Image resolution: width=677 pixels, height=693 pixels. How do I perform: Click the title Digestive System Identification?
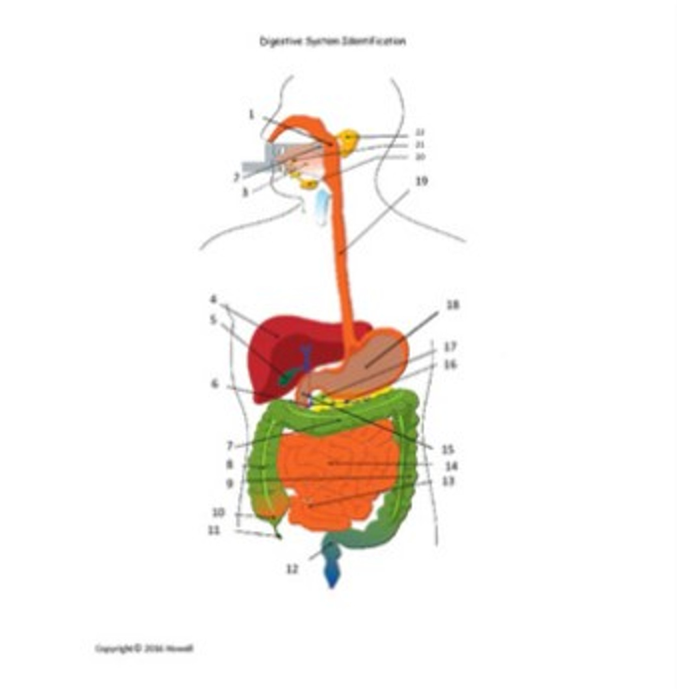pyautogui.click(x=332, y=41)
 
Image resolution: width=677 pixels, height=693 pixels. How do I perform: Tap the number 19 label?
pyautogui.click(x=421, y=181)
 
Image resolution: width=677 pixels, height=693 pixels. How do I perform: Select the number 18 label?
pyautogui.click(x=452, y=305)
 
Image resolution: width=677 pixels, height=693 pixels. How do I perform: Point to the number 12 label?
pyautogui.click(x=292, y=569)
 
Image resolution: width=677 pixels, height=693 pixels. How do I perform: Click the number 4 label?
pyautogui.click(x=214, y=299)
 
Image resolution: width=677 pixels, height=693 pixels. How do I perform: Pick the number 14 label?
pyautogui.click(x=451, y=466)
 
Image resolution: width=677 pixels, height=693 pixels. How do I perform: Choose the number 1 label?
pyautogui.click(x=251, y=115)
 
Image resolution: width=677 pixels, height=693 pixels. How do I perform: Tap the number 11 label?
pyautogui.click(x=214, y=531)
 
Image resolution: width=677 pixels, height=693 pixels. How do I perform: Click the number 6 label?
pyautogui.click(x=215, y=384)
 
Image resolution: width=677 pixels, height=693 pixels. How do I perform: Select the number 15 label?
pyautogui.click(x=447, y=449)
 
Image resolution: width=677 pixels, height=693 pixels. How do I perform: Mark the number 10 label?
pyautogui.click(x=218, y=512)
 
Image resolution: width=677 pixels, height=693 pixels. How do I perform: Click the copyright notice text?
pyautogui.click(x=144, y=648)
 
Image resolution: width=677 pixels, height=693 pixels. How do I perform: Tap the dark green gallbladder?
pyautogui.click(x=288, y=376)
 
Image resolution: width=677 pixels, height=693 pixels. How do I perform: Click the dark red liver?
pyautogui.click(x=265, y=346)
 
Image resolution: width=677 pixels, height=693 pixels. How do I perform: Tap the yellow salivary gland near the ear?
pyautogui.click(x=347, y=140)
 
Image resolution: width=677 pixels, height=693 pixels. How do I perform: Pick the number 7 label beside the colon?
pyautogui.click(x=230, y=446)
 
